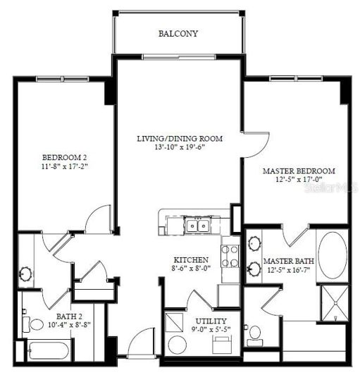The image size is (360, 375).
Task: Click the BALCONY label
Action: pos(178,33)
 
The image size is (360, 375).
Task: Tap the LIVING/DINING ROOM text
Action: pos(180,139)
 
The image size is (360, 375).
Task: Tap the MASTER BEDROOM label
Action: pos(298,171)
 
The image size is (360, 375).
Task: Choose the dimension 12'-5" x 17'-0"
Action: pos(298,180)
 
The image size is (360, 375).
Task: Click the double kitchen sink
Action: pos(197,226)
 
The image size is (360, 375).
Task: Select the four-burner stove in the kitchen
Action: pos(230,256)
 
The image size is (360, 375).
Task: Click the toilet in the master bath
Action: pos(255,333)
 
